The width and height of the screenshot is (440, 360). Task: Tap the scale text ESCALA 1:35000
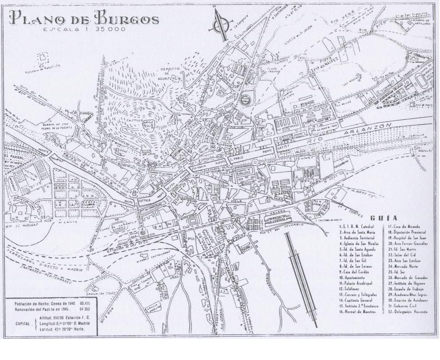click(x=84, y=30)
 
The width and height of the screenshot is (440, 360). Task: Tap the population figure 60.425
click(x=84, y=304)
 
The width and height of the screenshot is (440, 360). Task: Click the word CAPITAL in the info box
click(x=20, y=323)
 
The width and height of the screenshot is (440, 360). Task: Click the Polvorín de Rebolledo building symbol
click(x=43, y=57)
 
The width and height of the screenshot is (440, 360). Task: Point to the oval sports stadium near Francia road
click(x=418, y=83)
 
